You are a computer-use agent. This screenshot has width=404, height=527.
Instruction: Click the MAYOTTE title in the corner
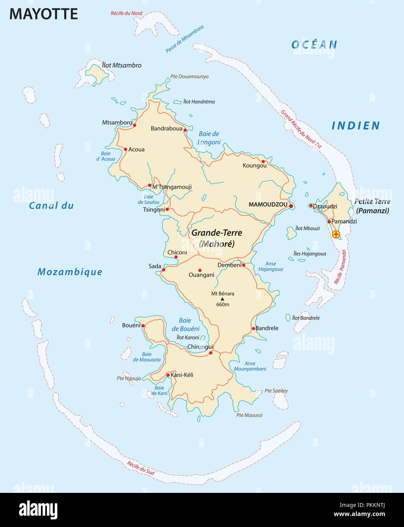[x=43, y=14]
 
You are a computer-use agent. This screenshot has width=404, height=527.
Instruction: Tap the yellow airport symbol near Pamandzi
[x=336, y=234]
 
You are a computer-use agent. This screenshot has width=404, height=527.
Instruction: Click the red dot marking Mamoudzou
[x=291, y=206]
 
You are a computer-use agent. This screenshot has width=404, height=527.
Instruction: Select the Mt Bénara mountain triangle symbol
[x=223, y=299]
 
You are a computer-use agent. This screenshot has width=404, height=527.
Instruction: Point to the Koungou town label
[x=254, y=165]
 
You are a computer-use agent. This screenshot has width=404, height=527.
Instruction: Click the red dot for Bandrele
[x=254, y=328]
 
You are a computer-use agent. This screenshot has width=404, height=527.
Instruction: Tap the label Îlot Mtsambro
[x=122, y=65]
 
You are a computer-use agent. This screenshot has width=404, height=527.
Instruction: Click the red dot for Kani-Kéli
[x=168, y=375]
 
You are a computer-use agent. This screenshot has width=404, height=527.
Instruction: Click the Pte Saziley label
[x=276, y=391]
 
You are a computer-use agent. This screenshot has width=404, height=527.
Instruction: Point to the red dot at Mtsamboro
[x=134, y=124]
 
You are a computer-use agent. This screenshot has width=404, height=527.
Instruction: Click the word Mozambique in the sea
[x=70, y=272]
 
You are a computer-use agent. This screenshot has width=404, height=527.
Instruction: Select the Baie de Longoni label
[x=209, y=138]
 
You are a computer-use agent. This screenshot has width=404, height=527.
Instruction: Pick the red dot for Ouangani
[x=200, y=270]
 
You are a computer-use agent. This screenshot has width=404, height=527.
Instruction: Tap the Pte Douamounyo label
[x=189, y=76]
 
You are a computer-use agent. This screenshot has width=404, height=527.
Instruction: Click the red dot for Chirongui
[x=211, y=353]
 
